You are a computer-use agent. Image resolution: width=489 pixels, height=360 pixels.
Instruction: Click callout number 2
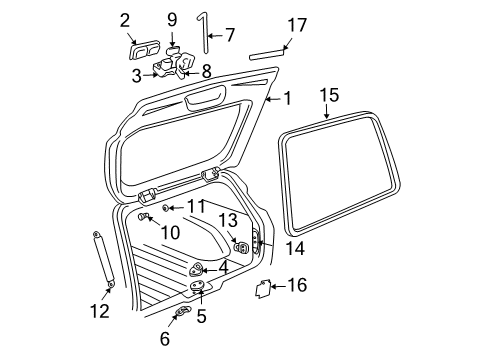(125, 19)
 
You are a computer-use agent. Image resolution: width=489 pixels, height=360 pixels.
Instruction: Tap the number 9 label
(172, 19)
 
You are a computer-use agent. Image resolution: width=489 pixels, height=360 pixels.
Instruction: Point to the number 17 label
(297, 21)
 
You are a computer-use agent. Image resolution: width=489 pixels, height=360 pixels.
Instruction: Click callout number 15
(329, 96)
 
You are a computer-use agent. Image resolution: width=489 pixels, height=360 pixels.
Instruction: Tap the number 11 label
(194, 207)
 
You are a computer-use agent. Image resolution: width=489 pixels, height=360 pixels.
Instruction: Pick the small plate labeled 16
(262, 288)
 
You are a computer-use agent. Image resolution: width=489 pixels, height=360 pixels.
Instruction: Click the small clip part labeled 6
(181, 316)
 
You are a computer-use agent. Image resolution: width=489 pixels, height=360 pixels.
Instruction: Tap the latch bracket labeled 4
(198, 268)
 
